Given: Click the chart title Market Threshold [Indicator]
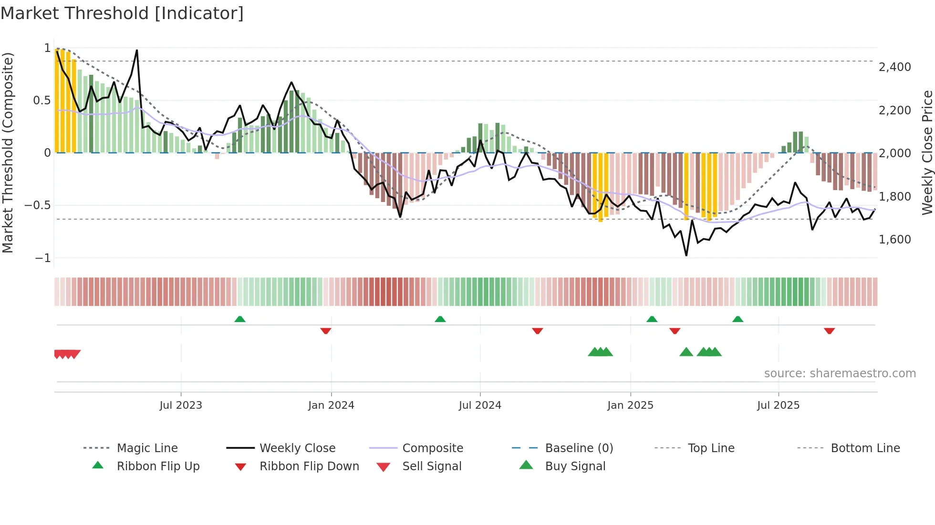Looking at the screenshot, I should pos(122,13).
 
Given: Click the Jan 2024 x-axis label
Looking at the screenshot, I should pos(331,405).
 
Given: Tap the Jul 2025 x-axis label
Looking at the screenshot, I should pos(778,405).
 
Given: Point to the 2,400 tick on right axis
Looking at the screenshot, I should pos(894,67).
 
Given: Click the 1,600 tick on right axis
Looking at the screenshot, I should pos(894,240).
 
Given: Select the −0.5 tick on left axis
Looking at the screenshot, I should pos(37,205).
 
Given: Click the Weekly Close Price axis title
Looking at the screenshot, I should pos(927,152).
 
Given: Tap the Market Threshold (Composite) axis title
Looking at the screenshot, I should pos(8,152).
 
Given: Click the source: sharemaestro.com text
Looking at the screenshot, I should pos(840,374).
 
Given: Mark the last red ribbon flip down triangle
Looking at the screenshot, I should pos(829,331).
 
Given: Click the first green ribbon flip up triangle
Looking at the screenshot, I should pos(240,319).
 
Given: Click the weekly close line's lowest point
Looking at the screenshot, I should pos(686,255).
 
